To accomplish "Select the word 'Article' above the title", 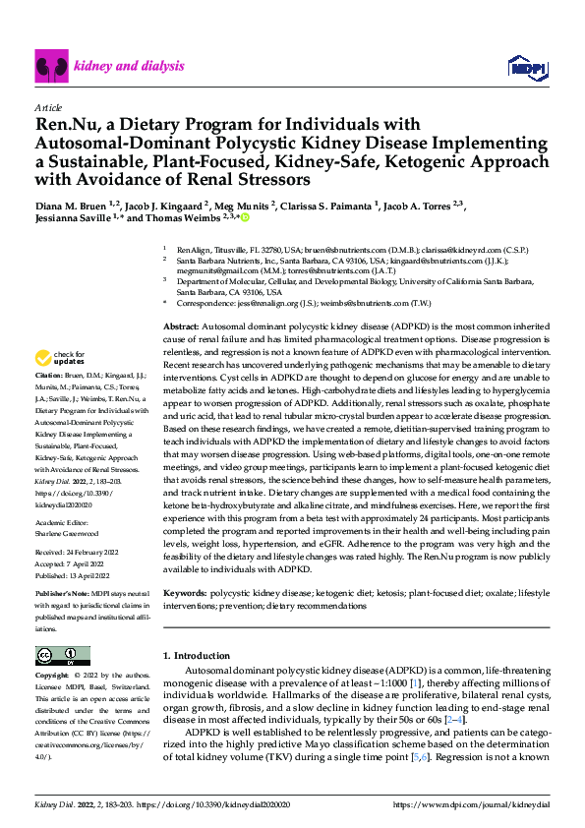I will coord(48,107).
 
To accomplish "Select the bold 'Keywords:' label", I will coord(185,594).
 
